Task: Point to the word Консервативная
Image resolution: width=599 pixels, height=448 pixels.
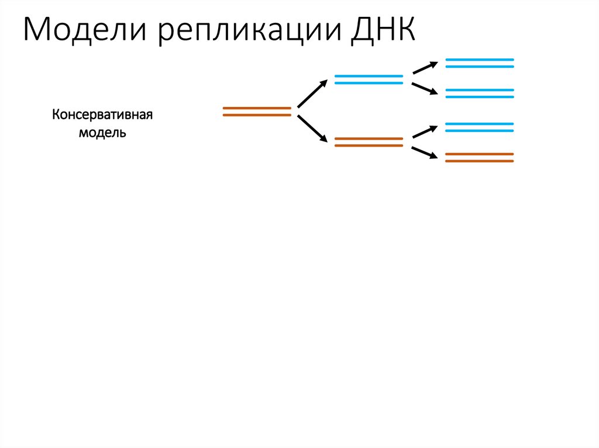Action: pyautogui.click(x=102, y=114)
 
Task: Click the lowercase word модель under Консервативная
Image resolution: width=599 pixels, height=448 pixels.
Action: pyautogui.click(x=102, y=132)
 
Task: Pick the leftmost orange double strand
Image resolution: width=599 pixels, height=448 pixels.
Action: pyautogui.click(x=257, y=112)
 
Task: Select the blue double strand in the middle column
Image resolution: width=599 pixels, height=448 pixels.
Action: pyautogui.click(x=369, y=79)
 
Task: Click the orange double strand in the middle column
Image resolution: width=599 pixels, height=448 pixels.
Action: pyautogui.click(x=369, y=142)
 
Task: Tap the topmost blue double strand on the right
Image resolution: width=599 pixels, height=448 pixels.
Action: pyautogui.click(x=480, y=63)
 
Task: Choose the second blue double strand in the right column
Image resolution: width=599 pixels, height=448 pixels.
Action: pyautogui.click(x=480, y=93)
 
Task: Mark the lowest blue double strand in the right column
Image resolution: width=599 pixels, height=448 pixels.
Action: pyautogui.click(x=480, y=127)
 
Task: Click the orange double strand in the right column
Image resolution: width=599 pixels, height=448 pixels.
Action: pyautogui.click(x=480, y=157)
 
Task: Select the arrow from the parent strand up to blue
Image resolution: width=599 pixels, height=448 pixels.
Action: pyautogui.click(x=312, y=93)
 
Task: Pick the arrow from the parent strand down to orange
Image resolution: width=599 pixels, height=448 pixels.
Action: pyautogui.click(x=312, y=128)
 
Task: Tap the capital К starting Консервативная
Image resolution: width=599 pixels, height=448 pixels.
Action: pyautogui.click(x=56, y=114)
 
